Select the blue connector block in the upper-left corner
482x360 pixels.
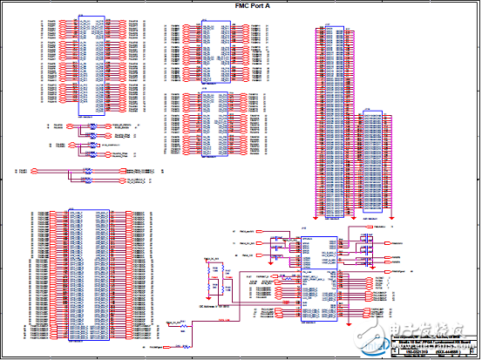click(91, 66)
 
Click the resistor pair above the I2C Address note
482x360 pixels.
click(211, 277)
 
